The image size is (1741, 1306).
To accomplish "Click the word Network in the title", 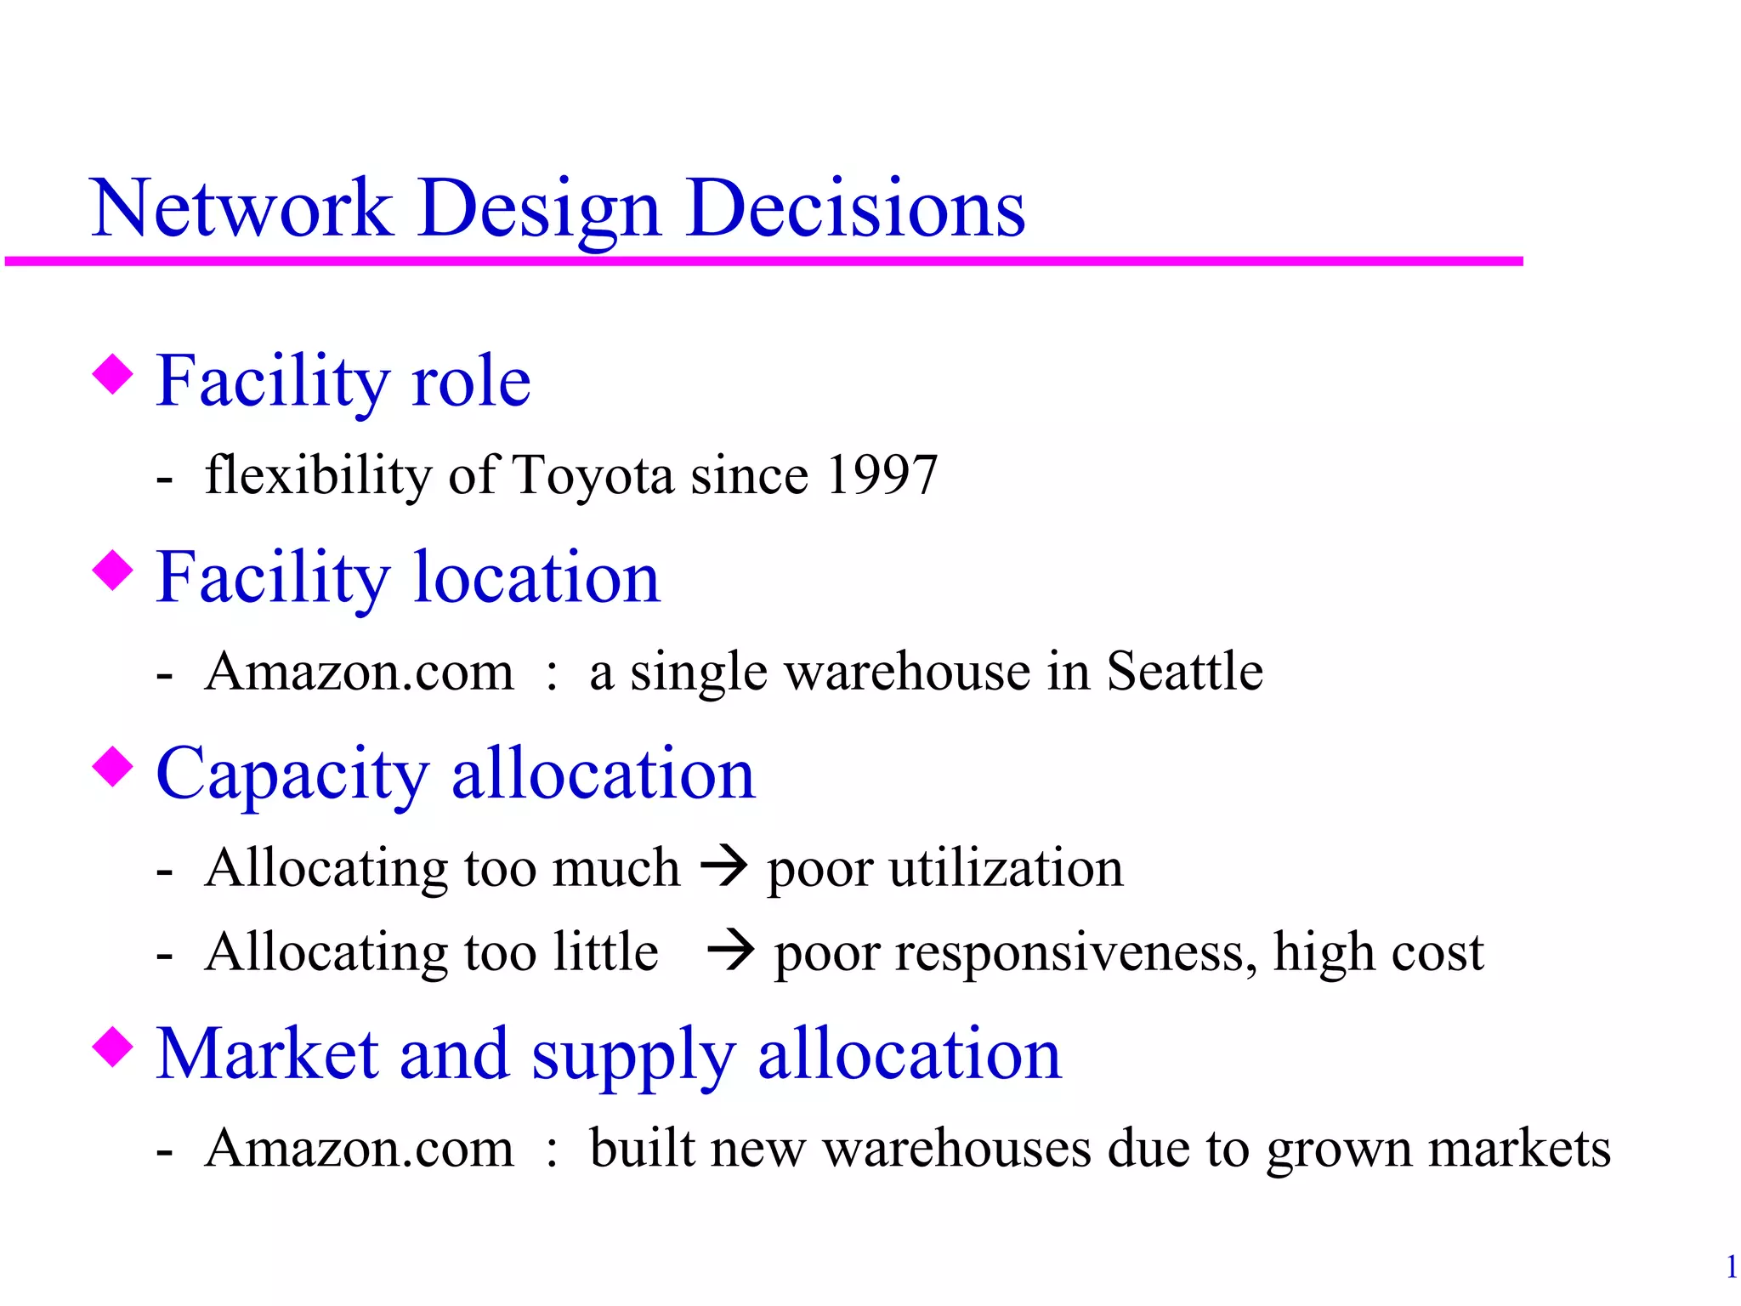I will coord(241,208).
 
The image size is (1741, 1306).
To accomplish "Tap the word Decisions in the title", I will coord(856,208).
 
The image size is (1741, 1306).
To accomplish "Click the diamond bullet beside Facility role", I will coord(113,375).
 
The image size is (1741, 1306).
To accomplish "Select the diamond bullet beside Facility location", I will coord(113,571).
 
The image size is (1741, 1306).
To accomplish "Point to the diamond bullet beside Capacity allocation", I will coord(113,766).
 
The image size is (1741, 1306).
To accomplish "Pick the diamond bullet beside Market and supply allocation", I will coord(113,1047).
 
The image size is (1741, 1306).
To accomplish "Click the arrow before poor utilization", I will coord(723,867).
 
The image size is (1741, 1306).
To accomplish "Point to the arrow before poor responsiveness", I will coord(730,951).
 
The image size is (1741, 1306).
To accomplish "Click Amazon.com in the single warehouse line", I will coord(360,672).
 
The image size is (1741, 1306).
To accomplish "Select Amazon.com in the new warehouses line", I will coord(360,1148).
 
